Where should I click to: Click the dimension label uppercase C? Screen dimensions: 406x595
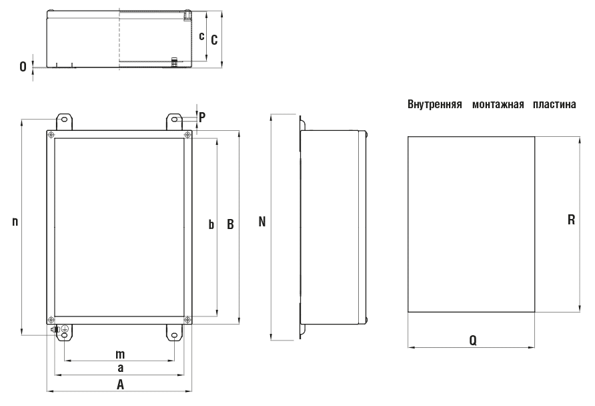[x=213, y=40]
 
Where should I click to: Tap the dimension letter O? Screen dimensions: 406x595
[x=23, y=67]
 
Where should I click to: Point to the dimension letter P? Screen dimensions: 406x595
[x=201, y=116]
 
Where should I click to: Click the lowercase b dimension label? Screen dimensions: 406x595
[x=211, y=224]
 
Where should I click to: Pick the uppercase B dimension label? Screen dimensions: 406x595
[x=229, y=224]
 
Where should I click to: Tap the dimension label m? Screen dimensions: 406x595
[x=120, y=353]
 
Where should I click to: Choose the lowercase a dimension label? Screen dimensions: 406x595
[x=120, y=368]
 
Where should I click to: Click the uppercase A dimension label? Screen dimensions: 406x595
[x=120, y=384]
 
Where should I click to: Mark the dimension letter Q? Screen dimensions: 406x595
[x=472, y=340]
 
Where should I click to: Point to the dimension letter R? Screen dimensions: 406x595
[x=571, y=219]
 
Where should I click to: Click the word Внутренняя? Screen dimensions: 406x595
[x=434, y=105]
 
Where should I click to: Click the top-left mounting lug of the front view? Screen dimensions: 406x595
[x=65, y=121]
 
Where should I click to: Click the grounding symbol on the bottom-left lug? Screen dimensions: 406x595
[x=65, y=330]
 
